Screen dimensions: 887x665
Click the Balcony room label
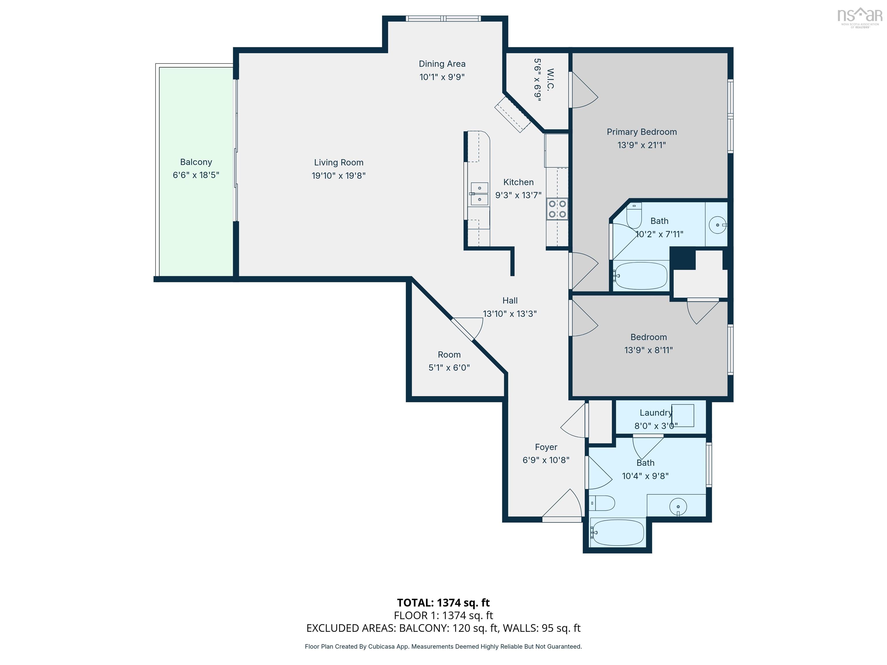196,162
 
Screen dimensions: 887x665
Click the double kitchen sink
479,194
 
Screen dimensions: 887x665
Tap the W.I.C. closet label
550,80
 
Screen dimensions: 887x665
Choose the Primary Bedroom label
642,132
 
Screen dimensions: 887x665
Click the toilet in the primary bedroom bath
634,216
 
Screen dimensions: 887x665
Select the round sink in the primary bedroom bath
718,225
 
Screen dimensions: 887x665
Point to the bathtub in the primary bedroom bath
640,276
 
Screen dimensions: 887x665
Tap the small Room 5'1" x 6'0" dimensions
449,368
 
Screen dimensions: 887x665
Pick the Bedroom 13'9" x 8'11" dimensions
649,350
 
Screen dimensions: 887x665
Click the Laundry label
656,412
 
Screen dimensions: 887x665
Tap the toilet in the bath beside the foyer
602,503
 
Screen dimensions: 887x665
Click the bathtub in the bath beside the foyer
618,532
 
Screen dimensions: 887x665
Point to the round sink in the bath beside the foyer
678,507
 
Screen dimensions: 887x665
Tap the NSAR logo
860,17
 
